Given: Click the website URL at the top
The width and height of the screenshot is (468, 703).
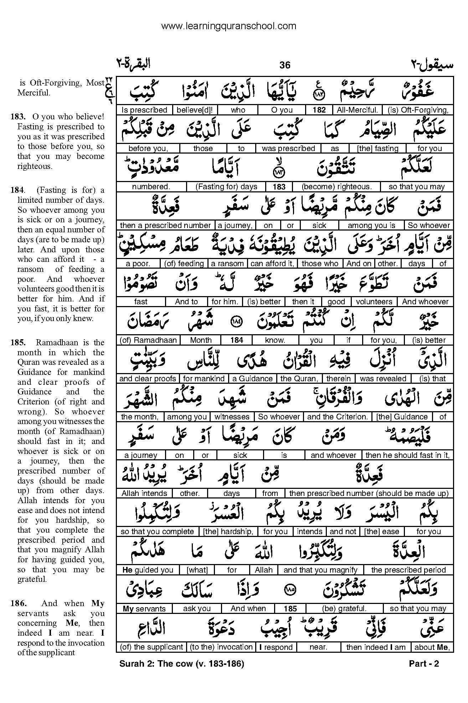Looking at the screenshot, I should (x=228, y=26).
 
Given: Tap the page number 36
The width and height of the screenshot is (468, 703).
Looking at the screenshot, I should (x=285, y=65).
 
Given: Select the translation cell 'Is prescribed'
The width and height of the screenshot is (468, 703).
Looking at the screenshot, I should (x=144, y=110).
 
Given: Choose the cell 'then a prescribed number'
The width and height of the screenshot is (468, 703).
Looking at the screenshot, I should (x=165, y=226).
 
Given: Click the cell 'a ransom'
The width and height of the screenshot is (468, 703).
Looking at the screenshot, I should (x=227, y=264).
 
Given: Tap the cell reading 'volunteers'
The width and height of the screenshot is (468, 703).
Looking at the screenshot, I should (x=374, y=302).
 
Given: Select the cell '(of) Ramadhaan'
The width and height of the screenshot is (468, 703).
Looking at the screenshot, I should (x=148, y=340).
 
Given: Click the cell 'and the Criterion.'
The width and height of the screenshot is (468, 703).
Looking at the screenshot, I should (x=337, y=417).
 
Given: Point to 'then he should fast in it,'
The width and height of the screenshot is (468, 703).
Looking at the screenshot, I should (x=407, y=455).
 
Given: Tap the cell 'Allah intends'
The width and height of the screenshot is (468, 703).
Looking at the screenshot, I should (x=144, y=493).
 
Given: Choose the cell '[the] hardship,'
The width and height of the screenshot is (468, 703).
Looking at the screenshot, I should (x=228, y=532).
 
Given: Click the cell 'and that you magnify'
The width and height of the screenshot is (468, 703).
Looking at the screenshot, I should (x=320, y=570).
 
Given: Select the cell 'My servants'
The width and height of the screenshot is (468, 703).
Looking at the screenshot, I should (x=144, y=609).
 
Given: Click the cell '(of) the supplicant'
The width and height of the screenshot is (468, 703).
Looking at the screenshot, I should (x=151, y=647).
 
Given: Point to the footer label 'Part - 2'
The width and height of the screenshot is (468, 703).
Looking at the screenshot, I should (x=424, y=664).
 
